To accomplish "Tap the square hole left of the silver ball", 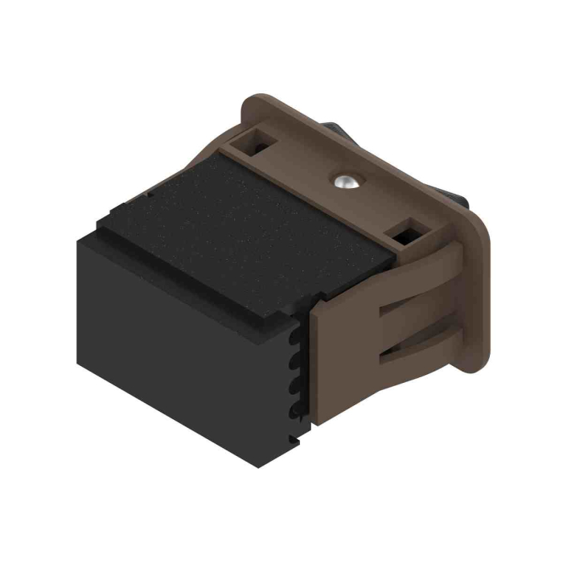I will click(x=261, y=143).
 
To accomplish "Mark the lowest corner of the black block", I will click(x=257, y=467).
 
